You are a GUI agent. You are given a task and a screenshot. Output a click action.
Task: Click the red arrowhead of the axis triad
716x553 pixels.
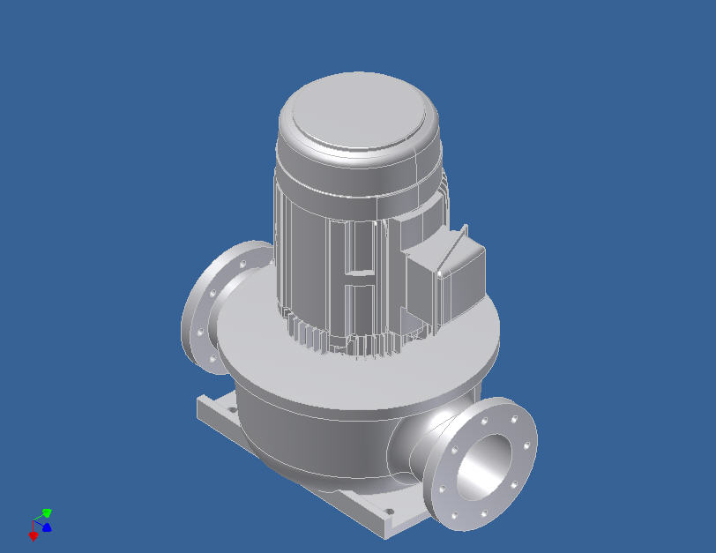(34, 535)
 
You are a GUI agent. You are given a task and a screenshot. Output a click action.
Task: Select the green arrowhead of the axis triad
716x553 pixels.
(47, 512)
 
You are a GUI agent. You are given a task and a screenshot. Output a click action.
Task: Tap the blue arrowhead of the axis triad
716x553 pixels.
(47, 527)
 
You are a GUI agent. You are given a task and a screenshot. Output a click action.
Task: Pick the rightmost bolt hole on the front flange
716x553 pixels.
(527, 444)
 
